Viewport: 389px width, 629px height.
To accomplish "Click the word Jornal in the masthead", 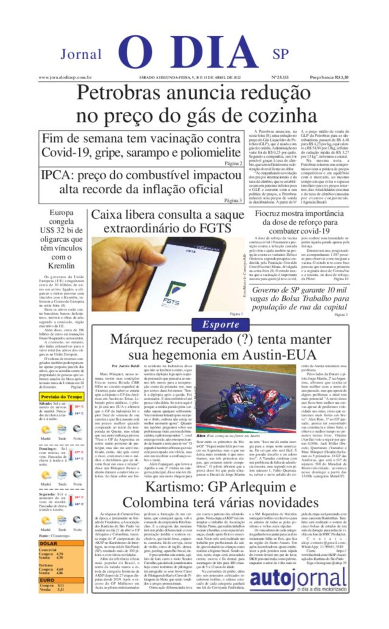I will pyautogui.click(x=81, y=54).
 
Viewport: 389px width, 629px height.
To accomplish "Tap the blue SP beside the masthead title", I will pyautogui.click(x=280, y=54).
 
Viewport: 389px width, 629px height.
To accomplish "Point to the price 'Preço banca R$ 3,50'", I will pyautogui.click(x=329, y=77).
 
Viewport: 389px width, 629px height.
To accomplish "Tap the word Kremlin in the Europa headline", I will pyautogui.click(x=61, y=266).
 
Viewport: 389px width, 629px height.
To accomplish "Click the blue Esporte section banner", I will pyautogui.click(x=220, y=325).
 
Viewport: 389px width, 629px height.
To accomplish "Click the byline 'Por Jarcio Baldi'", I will pyautogui.click(x=125, y=366).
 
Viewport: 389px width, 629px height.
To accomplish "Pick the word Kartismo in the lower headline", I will pyautogui.click(x=173, y=487).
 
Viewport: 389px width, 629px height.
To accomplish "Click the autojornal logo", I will pyautogui.click(x=298, y=580).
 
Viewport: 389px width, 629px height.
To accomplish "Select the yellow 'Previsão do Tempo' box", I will pyautogui.click(x=62, y=397).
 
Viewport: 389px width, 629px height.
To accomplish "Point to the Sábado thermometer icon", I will pyautogui.click(x=71, y=409).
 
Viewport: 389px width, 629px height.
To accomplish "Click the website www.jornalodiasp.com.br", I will pyautogui.click(x=65, y=77).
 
